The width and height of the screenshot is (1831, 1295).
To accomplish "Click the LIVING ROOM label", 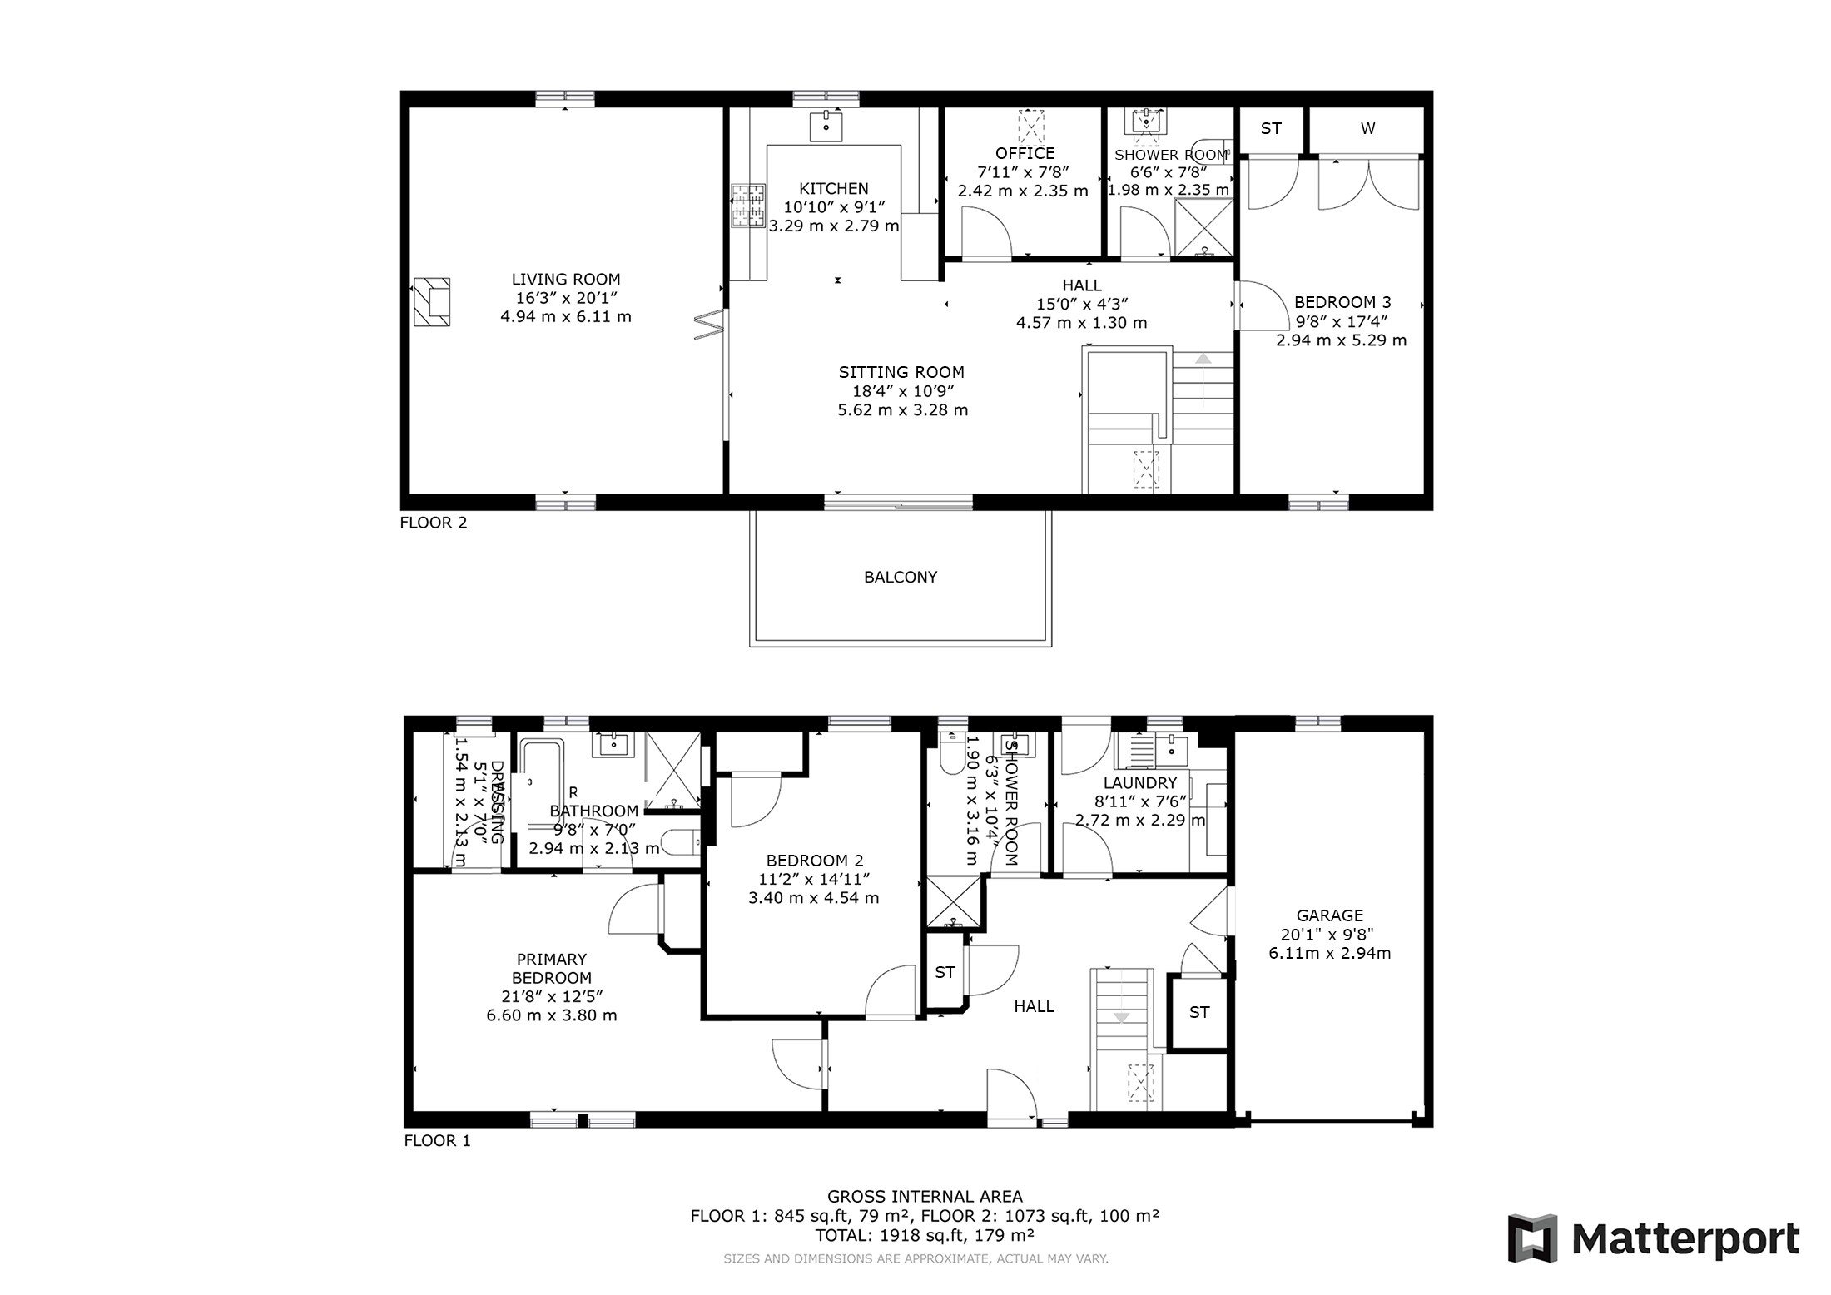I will click(x=565, y=280).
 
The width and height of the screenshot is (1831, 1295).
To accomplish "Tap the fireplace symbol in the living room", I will click(x=431, y=302).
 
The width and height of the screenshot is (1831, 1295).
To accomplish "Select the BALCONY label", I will click(x=900, y=577).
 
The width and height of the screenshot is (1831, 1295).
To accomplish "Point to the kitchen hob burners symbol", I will click(x=747, y=206).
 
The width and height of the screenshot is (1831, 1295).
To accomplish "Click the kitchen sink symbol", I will click(x=826, y=127).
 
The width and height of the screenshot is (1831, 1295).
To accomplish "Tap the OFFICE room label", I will click(x=1025, y=153).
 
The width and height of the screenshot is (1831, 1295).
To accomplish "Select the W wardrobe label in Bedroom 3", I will click(x=1367, y=128).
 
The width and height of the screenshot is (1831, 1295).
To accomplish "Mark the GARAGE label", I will click(x=1329, y=915).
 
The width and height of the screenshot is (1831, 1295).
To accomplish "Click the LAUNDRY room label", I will click(x=1139, y=782).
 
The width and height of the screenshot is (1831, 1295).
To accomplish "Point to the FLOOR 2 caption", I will click(x=434, y=523).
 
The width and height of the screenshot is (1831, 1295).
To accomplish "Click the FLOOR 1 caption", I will click(x=437, y=1140).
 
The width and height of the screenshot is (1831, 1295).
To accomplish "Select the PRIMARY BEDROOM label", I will click(x=551, y=968).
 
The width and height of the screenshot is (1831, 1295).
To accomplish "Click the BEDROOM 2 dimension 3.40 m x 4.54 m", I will click(x=813, y=897).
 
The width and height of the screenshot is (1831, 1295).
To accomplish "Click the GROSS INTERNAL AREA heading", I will click(x=924, y=1197).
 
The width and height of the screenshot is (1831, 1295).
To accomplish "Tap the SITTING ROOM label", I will click(x=901, y=372).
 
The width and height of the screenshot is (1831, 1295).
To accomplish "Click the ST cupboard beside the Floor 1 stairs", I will click(x=1198, y=1012).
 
